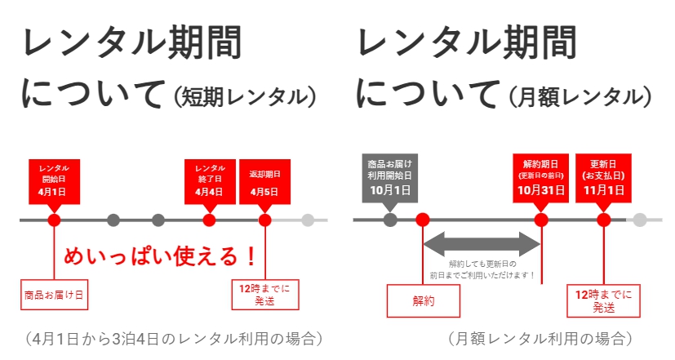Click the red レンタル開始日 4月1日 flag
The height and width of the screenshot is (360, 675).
54,180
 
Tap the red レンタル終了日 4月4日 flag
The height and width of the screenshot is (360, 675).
210,180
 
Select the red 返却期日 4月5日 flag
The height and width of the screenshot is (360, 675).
264,180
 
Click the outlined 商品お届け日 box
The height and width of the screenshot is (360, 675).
54,294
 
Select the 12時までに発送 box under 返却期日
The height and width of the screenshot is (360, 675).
264,294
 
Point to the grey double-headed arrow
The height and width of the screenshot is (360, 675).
482,241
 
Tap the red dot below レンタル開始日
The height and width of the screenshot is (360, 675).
54,220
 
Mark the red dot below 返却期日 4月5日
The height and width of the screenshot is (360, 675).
264,220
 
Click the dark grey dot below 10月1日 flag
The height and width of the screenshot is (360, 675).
390,219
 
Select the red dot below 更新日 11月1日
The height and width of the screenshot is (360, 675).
603,219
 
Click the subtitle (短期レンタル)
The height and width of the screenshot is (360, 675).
244,96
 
